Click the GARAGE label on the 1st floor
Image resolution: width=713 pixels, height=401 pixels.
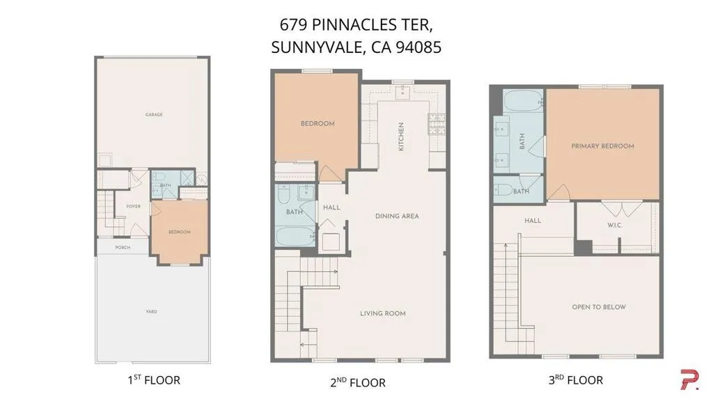154,115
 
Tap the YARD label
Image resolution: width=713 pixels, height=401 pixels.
151,311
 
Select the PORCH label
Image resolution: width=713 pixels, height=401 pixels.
123,247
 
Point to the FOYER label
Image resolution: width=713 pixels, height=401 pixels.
133,206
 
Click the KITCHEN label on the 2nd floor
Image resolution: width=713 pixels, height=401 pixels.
401,136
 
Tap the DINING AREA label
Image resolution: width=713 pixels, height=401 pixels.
397,216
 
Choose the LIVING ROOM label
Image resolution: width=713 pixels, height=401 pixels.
383,313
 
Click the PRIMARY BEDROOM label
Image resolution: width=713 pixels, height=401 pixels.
602,146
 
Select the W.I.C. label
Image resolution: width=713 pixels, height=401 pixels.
615,225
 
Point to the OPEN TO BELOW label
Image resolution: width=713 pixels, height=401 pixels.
599,307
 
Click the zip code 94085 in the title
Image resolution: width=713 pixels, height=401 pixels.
418,47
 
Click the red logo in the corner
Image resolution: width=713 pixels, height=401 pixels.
689,379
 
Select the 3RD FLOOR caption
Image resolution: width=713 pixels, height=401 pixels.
576,380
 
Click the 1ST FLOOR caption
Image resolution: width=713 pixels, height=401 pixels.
154,380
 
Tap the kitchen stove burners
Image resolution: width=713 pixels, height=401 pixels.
437,124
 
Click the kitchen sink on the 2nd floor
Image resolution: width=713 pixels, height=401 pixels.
402,93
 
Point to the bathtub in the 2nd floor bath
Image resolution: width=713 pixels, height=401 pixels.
295,237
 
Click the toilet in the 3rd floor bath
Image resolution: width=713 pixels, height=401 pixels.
503,189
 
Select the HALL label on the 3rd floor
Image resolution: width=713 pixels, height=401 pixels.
533,221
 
